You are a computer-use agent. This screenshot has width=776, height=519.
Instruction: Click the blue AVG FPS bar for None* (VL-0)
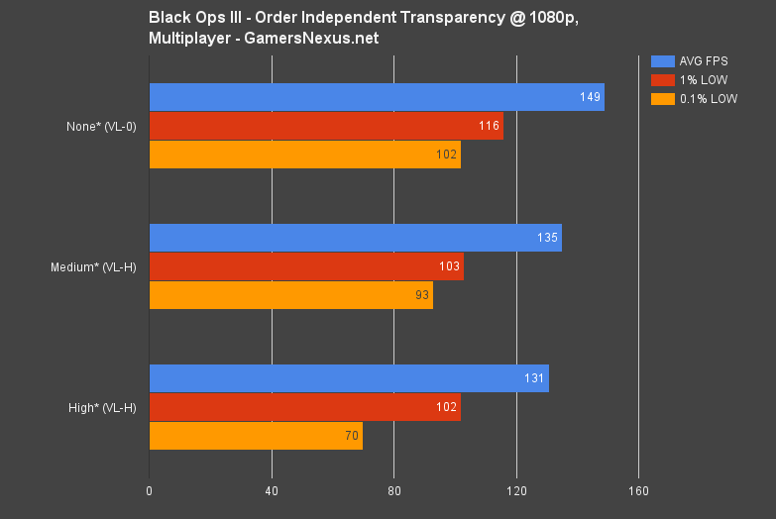pyautogui.click(x=377, y=97)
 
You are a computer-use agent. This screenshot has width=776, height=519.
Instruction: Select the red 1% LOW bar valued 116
pyautogui.click(x=326, y=126)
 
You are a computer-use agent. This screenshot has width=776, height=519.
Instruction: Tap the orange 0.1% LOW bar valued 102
pyautogui.click(x=304, y=155)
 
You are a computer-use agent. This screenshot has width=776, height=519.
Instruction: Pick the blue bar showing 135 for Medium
pyautogui.click(x=355, y=238)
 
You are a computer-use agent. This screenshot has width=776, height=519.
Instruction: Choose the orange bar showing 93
pyautogui.click(x=290, y=295)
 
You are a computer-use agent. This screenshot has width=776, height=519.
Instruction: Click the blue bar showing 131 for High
pyautogui.click(x=349, y=378)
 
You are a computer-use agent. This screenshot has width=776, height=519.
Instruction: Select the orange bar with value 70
pyautogui.click(x=256, y=436)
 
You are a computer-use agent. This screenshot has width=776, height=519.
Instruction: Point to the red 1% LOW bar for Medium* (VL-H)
pyautogui.click(x=306, y=266)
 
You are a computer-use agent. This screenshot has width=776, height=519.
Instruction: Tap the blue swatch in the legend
pyautogui.click(x=663, y=60)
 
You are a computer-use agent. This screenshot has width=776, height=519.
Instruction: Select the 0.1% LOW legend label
pyautogui.click(x=709, y=98)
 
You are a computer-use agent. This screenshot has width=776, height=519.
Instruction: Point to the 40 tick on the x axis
pyautogui.click(x=272, y=490)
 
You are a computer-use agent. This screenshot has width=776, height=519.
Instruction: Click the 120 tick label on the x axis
pyautogui.click(x=516, y=490)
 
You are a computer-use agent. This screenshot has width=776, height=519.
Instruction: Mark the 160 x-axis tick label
pyautogui.click(x=638, y=490)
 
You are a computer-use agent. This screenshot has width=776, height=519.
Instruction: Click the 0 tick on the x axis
pyautogui.click(x=150, y=490)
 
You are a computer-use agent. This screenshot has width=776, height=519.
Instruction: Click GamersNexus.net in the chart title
pyautogui.click(x=318, y=38)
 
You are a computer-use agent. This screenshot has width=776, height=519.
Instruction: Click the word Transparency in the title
pyautogui.click(x=459, y=17)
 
